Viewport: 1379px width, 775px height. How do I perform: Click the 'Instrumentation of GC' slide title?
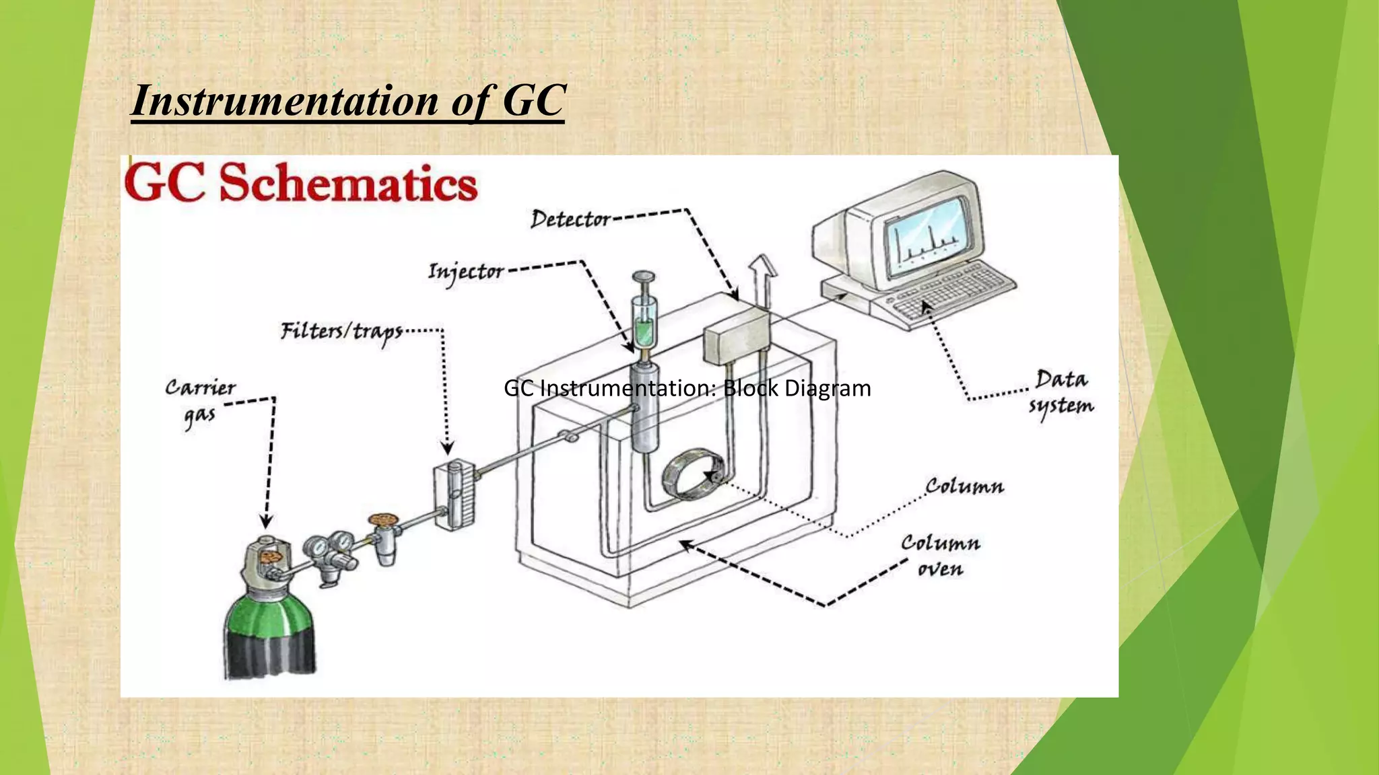[x=347, y=101]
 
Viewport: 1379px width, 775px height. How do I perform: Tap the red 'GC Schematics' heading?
[x=301, y=184]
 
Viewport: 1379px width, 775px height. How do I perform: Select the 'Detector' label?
[x=570, y=219]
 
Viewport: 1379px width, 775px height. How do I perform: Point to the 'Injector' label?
[x=466, y=271]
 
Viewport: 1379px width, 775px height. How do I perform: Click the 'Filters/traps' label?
[x=341, y=331]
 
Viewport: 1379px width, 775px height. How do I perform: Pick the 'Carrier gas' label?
[x=200, y=402]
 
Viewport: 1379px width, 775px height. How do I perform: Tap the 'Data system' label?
[x=1061, y=392]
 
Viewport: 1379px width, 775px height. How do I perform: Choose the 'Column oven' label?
[x=941, y=556]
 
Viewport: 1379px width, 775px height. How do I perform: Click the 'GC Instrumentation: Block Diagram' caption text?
[x=687, y=388]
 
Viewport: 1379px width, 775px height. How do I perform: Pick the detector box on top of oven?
[x=736, y=336]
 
